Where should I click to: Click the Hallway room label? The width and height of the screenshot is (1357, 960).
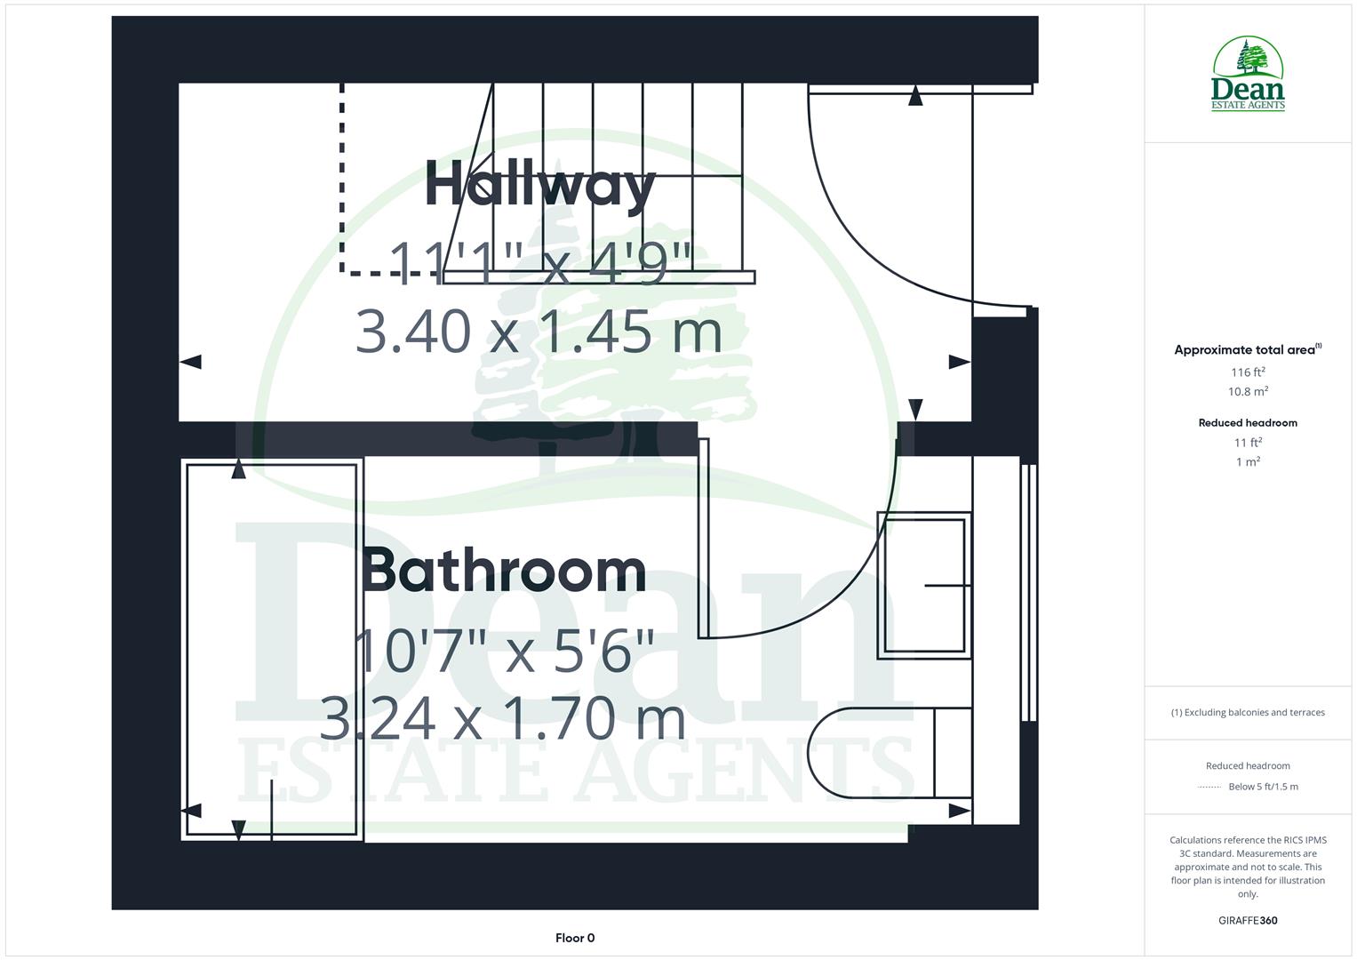(x=540, y=185)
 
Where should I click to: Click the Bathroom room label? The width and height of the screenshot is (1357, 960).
(x=504, y=571)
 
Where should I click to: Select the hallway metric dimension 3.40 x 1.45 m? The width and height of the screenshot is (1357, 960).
(x=539, y=331)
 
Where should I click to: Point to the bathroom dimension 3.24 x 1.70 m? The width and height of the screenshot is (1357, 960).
(x=502, y=718)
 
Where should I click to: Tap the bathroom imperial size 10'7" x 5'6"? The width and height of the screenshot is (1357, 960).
(x=504, y=651)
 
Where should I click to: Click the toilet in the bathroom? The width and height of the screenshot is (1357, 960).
(x=889, y=752)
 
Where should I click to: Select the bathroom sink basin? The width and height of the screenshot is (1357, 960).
(x=923, y=585)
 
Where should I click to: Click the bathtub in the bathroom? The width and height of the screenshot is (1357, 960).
(x=272, y=649)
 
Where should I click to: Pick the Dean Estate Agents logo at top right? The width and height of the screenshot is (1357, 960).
(x=1248, y=75)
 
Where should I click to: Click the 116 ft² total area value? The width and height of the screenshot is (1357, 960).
(x=1248, y=372)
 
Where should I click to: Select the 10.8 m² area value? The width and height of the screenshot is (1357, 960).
(x=1248, y=392)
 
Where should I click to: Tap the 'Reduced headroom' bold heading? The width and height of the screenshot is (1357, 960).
(x=1248, y=423)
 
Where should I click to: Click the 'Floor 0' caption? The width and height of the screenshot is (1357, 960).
(x=575, y=938)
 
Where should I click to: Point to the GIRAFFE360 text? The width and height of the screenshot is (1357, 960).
(x=1248, y=921)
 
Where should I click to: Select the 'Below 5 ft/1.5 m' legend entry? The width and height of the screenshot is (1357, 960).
(x=1262, y=787)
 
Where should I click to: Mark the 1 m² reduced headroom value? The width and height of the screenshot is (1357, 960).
(x=1248, y=462)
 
